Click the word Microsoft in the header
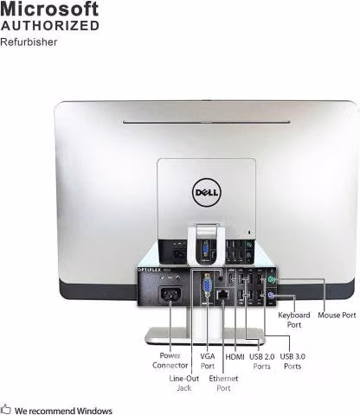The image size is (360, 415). pos(49,9)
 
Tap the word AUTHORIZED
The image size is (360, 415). pos(50,26)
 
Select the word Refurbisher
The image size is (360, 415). pos(29,42)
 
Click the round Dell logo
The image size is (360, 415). pos(207,192)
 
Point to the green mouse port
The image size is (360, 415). pos(271,279)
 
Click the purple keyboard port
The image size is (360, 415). pos(271,296)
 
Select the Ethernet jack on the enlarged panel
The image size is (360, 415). pos(222,295)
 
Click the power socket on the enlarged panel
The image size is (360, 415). pos(170,294)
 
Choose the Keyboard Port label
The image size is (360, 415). pos(294,320)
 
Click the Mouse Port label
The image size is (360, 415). pos(337,315)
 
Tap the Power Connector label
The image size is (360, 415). pos(170,361)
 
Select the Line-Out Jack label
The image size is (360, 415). pos(184,383)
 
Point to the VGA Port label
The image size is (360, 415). pos(208,361)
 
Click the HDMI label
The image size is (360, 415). pos(235,357)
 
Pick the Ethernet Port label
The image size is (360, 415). pos(223,383)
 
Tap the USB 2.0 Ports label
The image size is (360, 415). pos(261,361)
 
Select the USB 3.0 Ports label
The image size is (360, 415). pos(292,361)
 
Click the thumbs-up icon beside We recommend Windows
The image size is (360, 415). pos(5,409)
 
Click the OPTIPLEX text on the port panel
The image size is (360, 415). pos(150,270)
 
